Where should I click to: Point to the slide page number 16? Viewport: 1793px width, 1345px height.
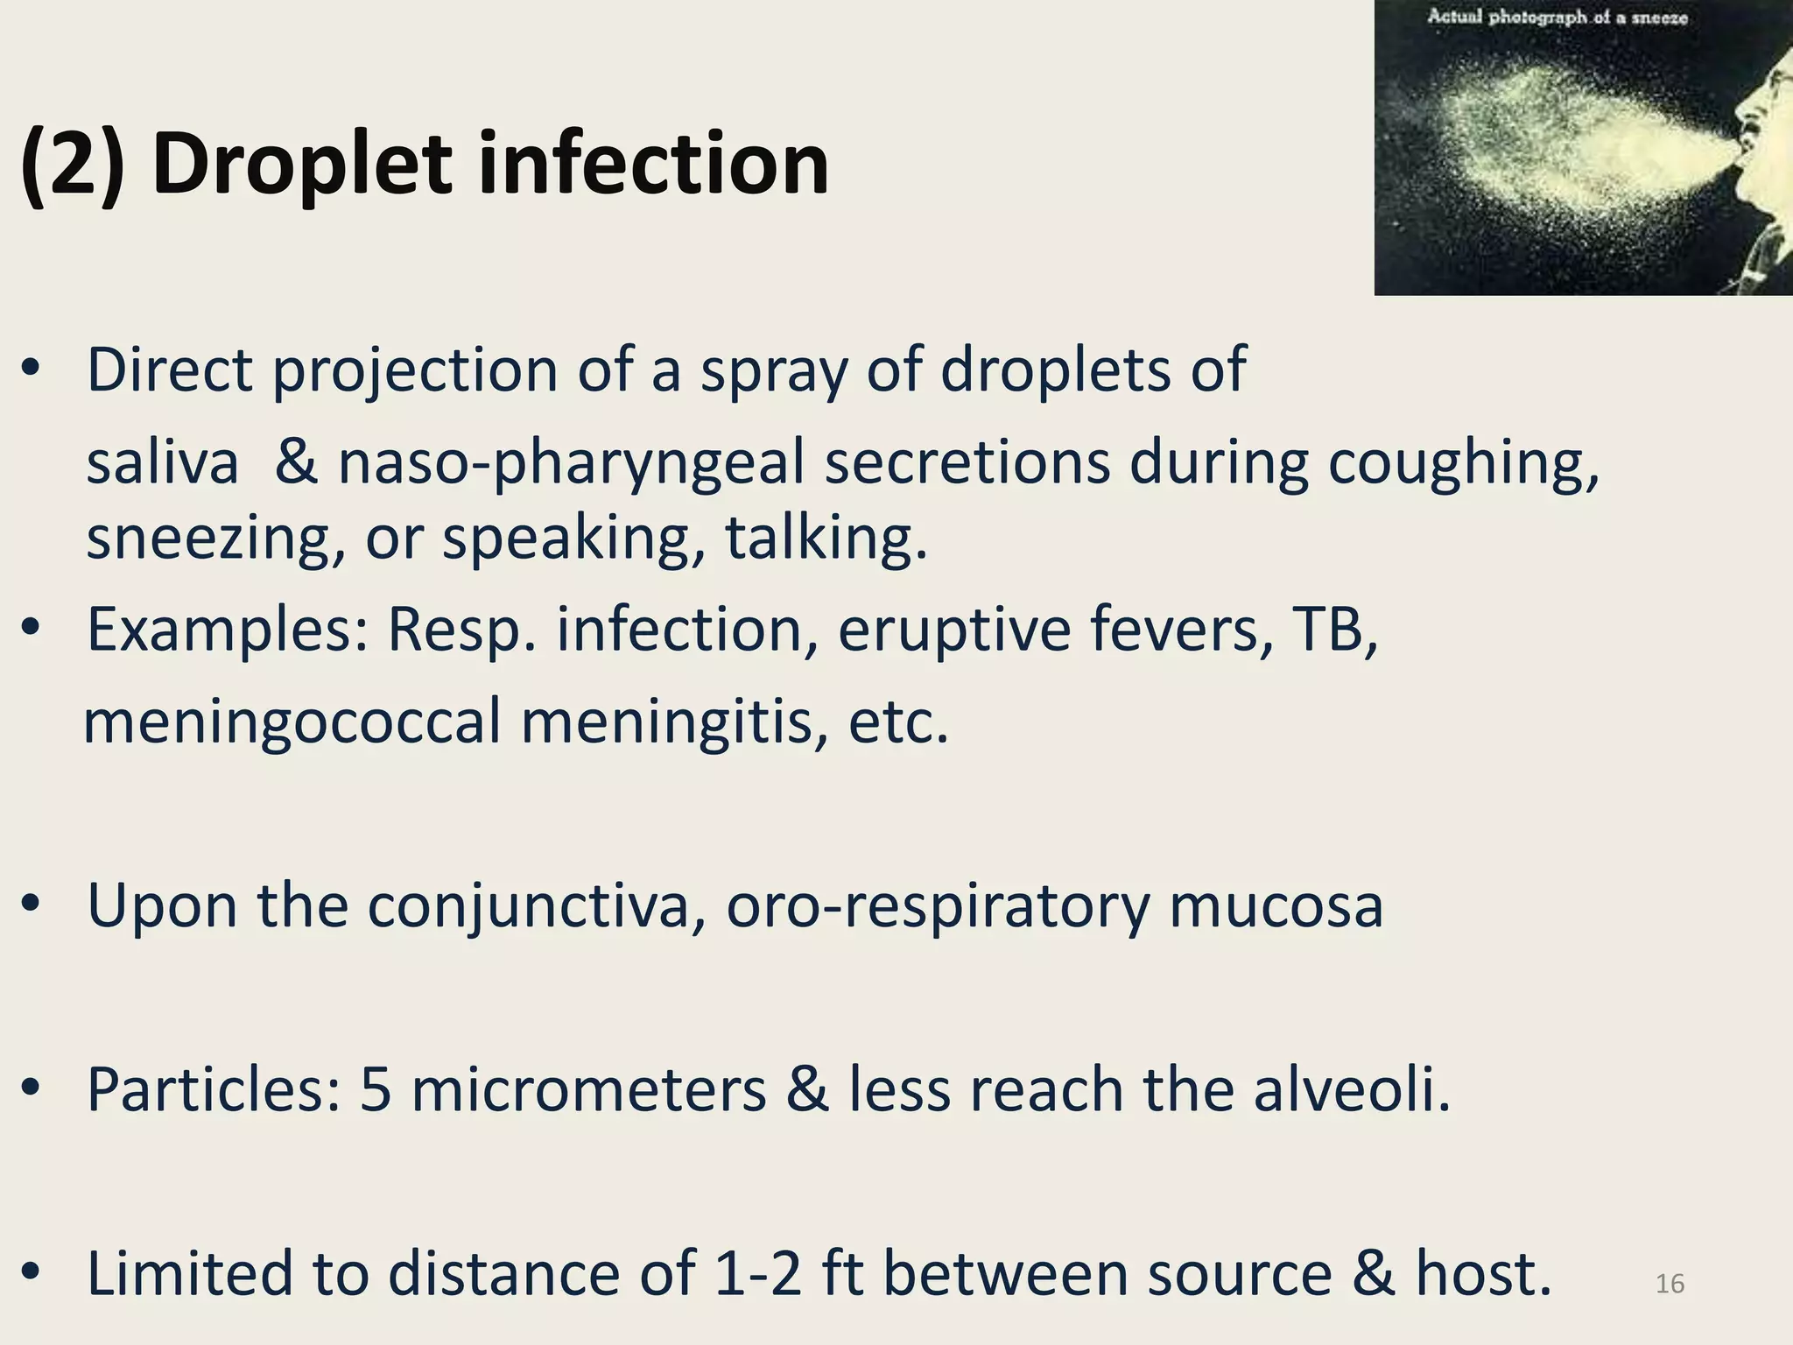click(1670, 1284)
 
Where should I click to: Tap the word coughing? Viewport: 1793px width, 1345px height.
click(1463, 464)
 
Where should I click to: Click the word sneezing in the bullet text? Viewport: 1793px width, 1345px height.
click(215, 539)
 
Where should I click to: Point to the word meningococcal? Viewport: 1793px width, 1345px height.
click(292, 723)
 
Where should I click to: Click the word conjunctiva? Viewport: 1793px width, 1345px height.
click(536, 906)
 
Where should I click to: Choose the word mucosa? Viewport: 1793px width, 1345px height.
click(1276, 906)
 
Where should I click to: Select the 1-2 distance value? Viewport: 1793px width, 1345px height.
click(757, 1274)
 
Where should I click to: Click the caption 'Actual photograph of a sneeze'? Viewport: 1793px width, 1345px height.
click(1557, 18)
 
